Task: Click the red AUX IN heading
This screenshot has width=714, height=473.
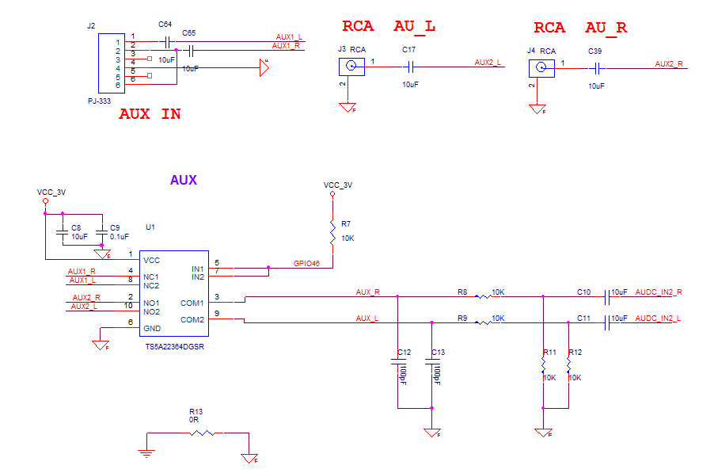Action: pyautogui.click(x=150, y=114)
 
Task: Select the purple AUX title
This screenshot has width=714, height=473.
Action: pyautogui.click(x=184, y=180)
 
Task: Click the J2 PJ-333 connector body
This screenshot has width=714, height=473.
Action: pyautogui.click(x=108, y=63)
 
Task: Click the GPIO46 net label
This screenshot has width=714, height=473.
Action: pyautogui.click(x=306, y=263)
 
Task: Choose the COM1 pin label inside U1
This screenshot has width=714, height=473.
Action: pyautogui.click(x=192, y=303)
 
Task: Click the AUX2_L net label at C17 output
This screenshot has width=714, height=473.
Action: pyautogui.click(x=488, y=63)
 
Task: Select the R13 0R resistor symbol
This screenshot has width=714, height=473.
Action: pyautogui.click(x=201, y=433)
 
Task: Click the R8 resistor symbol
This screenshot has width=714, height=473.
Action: pyautogui.click(x=481, y=297)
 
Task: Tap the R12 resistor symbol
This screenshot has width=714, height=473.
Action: pyautogui.click(x=568, y=365)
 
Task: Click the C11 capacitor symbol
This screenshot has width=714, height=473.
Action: pyautogui.click(x=606, y=322)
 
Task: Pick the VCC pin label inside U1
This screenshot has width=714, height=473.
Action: pyautogui.click(x=150, y=260)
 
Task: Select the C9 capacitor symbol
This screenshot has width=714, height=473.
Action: pyautogui.click(x=101, y=235)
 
